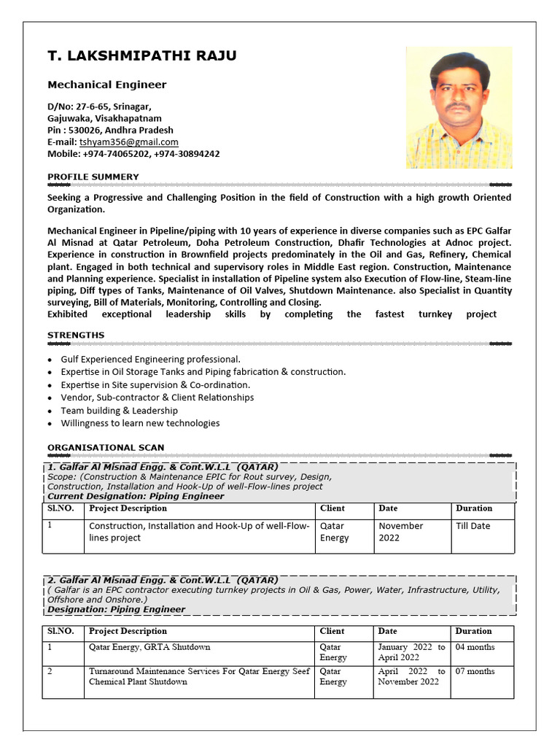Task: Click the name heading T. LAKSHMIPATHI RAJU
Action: [x=141, y=56]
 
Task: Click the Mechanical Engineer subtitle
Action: [x=106, y=85]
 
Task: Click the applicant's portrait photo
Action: [x=459, y=107]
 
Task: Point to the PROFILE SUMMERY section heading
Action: [x=93, y=177]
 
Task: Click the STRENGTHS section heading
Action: [x=76, y=336]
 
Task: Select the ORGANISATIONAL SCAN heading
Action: [x=106, y=447]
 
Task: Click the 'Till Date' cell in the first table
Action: [x=472, y=526]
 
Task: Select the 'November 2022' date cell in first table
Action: [x=400, y=532]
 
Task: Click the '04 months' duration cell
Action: [x=475, y=647]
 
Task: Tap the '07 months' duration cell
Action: [x=475, y=671]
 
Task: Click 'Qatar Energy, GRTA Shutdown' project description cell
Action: [x=149, y=647]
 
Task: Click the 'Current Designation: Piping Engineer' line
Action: [x=136, y=496]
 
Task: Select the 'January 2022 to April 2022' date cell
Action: [x=411, y=652]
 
